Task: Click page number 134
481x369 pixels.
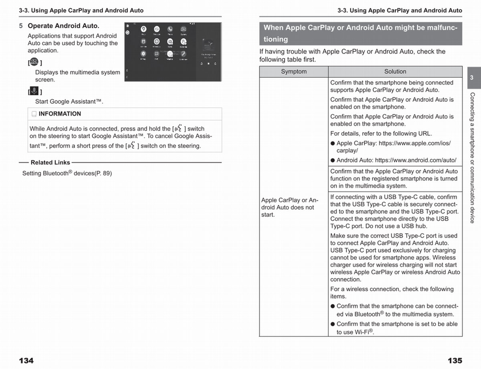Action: tap(26, 361)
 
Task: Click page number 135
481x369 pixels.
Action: tap(455, 361)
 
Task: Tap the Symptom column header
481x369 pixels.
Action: tap(293, 72)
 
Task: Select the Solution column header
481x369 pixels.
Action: tap(395, 72)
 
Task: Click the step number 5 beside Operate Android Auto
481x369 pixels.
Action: tap(21, 26)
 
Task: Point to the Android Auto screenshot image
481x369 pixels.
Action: tap(173, 52)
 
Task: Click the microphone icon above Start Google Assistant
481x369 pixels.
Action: tap(34, 91)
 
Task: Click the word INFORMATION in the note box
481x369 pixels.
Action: tap(60, 114)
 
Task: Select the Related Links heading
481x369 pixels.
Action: tap(50, 163)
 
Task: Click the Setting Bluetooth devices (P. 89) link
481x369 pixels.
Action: tap(67, 173)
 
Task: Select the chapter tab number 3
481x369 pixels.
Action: tap(472, 78)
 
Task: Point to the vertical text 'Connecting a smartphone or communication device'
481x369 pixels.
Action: tap(472, 157)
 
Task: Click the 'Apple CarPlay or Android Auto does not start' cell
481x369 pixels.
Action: tap(289, 208)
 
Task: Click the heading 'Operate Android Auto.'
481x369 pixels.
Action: tap(63, 26)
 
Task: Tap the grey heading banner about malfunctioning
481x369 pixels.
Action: tap(360, 33)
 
